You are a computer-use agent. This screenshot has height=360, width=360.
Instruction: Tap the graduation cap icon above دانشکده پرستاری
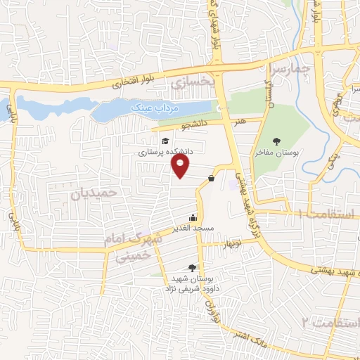165,141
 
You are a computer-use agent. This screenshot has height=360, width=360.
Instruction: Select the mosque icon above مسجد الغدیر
193,218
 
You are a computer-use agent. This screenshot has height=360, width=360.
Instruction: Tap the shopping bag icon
211,179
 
